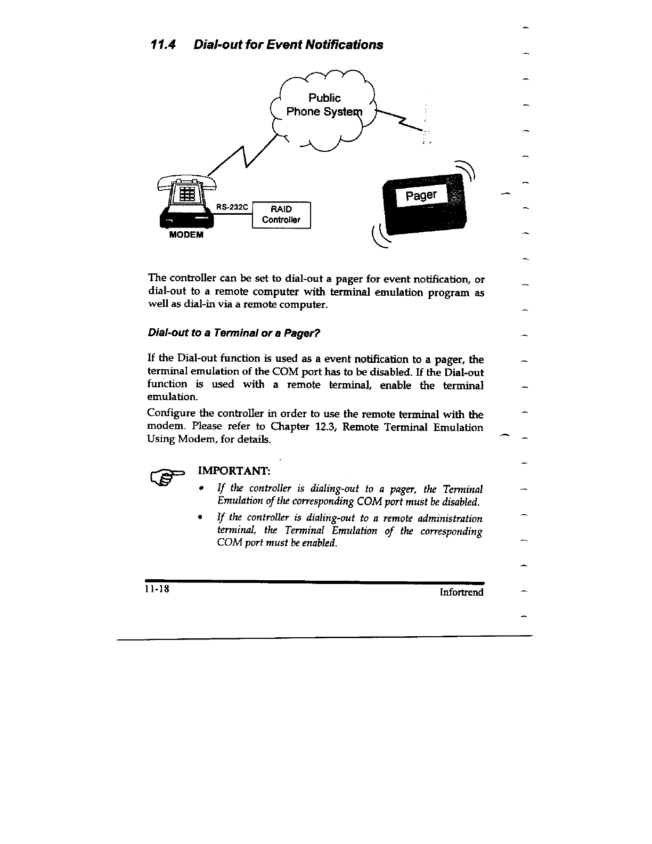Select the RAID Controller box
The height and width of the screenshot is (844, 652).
click(281, 215)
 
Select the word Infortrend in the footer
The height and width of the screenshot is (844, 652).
click(461, 592)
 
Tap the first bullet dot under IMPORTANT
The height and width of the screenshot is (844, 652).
click(200, 489)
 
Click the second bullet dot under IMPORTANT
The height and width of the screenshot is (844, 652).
click(200, 518)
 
